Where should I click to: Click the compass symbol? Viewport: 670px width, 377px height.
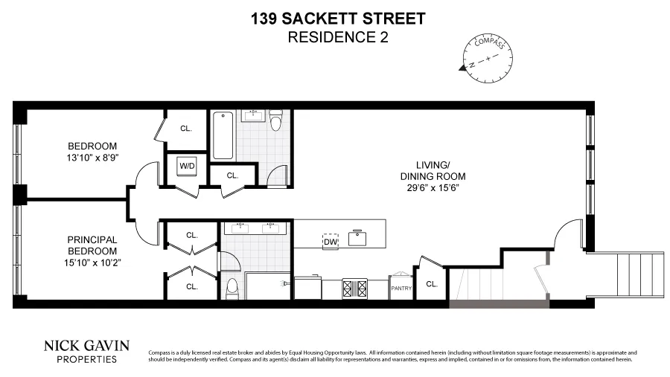pos(484,57)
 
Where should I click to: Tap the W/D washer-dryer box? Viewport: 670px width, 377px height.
pos(186,166)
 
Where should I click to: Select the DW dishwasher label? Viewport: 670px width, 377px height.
pos(331,241)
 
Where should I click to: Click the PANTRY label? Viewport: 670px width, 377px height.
pos(401,289)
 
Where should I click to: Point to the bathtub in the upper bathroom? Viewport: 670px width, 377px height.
pos(223,135)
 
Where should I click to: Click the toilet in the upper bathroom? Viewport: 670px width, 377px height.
pos(276,120)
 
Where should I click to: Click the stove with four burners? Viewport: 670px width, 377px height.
pos(353,287)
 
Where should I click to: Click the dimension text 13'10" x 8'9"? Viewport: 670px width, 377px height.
pos(93,158)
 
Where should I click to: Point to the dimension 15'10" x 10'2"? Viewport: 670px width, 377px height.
pos(93,262)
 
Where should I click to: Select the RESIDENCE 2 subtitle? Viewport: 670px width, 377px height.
pos(338,37)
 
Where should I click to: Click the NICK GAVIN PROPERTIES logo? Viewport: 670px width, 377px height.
pos(87,351)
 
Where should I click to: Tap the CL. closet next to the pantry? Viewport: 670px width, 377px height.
pos(431,283)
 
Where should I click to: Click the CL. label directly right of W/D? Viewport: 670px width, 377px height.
pos(232,175)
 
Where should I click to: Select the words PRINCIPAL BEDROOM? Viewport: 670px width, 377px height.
pos(93,245)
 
